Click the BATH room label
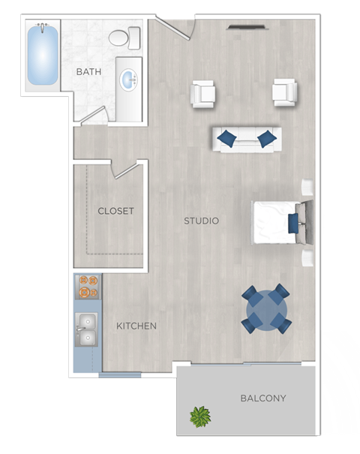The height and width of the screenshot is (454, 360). pos(88,71)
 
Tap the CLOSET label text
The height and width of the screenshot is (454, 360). pos(115,211)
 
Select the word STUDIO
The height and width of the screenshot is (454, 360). pos(201,221)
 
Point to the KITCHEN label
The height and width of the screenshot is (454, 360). pos(136,326)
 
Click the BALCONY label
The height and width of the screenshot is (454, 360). pos(263,398)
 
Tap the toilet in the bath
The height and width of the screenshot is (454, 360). pos(123,38)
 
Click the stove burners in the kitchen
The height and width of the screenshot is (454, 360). pos(88,286)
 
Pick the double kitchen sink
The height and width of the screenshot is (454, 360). pos(86,329)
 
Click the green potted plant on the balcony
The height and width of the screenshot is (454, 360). pos(200,416)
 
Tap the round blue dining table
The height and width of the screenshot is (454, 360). pos(265,308)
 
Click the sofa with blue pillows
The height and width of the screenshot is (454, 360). pos(246,139)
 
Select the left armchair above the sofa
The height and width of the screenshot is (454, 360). pos(203,94)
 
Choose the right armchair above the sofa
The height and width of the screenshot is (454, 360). pos(284,92)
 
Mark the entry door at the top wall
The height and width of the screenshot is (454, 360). pos(177,30)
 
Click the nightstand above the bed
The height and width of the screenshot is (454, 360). pos(307,187)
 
